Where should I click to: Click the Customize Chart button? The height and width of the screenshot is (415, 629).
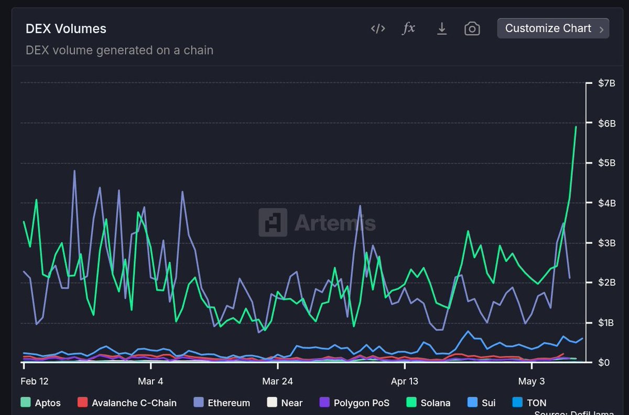[552, 28]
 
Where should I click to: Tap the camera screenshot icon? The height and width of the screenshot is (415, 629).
[472, 28]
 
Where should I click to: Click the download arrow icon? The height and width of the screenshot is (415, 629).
[442, 28]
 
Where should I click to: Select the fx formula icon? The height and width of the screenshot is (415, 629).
[408, 28]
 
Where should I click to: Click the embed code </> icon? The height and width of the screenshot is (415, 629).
[378, 28]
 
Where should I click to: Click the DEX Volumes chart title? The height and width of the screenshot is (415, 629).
[66, 29]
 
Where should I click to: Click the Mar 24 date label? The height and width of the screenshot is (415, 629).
[278, 381]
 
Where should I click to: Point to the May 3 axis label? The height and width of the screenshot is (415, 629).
[531, 381]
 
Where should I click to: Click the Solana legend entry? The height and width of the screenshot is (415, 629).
[429, 403]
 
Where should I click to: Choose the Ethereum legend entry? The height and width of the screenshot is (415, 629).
[222, 403]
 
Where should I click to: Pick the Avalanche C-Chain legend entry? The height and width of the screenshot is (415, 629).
[127, 403]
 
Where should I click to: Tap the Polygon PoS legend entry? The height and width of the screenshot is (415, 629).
[354, 403]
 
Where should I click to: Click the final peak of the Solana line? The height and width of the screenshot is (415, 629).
[576, 126]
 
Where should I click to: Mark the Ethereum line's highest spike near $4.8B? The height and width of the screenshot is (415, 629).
[74, 171]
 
